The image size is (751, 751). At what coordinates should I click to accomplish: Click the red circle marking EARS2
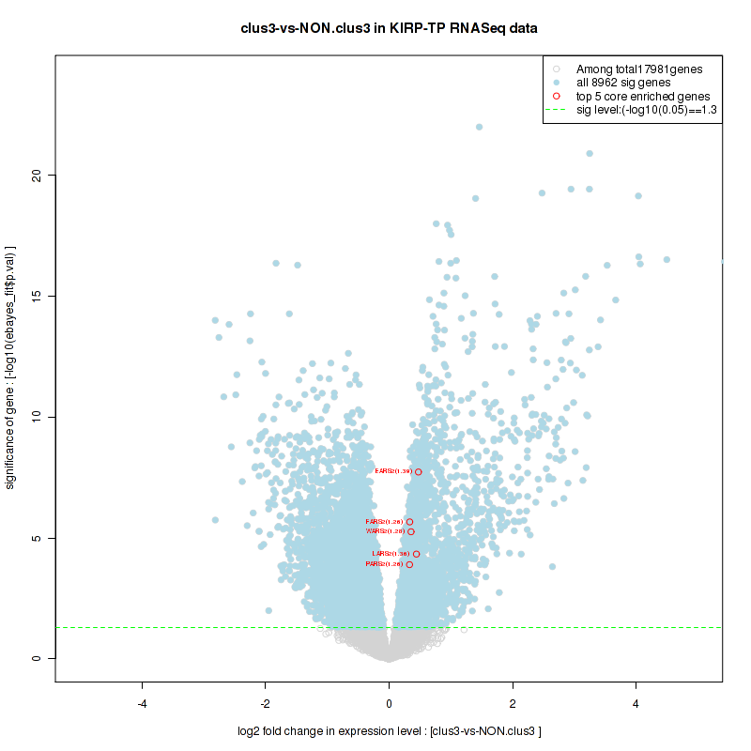coord(418,471)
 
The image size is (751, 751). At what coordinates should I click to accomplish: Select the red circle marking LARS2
coord(416,554)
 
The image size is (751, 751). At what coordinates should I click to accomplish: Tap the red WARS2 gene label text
coord(385,531)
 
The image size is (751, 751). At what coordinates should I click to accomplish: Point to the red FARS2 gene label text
coord(384,521)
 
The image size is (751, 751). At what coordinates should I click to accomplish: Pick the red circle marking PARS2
coord(409,564)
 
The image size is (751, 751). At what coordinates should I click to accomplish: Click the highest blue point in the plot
coord(479,127)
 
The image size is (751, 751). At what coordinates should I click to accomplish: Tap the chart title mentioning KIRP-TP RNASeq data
coord(389,29)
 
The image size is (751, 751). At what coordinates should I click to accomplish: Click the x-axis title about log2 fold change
coord(389,731)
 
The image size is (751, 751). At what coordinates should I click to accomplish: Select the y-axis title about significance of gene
coord(11,367)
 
